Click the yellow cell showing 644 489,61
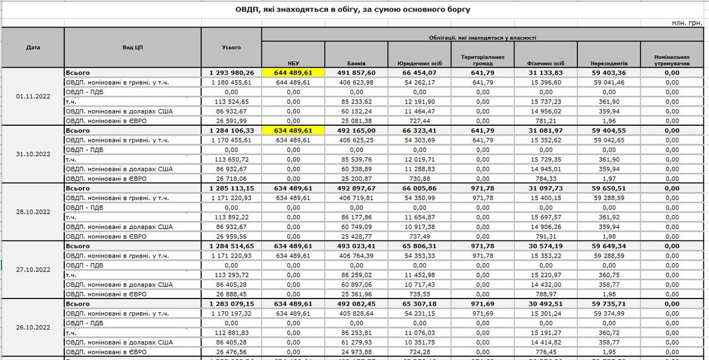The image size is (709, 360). coord(293,73)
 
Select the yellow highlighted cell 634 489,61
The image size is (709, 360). coord(293,131)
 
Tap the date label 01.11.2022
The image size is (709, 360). coord(33,96)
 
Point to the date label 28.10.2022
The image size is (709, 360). coord(33,212)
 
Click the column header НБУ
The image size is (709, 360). coord(293,63)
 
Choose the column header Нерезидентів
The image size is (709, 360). coord(608,63)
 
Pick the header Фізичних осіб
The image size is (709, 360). coord(546,63)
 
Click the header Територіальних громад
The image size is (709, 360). coord(482,60)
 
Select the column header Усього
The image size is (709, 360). coord(231,48)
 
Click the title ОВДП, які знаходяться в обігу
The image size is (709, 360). coord(354,9)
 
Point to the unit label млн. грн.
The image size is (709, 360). coord(687,23)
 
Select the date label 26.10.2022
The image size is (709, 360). coord(33,327)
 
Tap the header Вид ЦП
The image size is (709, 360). coord(132,48)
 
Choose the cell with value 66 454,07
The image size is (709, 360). coord(419,73)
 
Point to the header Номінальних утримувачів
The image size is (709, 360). coord(671,60)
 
